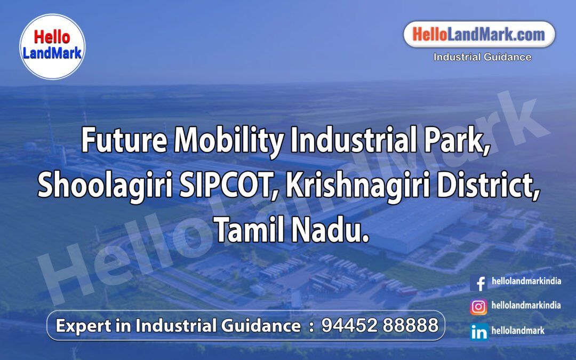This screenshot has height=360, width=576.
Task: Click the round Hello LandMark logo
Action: [x=52, y=46]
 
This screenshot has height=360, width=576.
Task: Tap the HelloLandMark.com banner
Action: [x=479, y=35]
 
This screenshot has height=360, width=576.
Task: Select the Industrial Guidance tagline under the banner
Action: [x=482, y=57]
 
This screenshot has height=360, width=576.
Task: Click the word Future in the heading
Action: [x=124, y=141]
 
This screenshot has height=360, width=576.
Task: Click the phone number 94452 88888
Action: [x=380, y=325]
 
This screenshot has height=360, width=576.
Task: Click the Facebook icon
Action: [x=479, y=283]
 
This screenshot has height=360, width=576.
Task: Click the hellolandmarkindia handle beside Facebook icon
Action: [x=526, y=281]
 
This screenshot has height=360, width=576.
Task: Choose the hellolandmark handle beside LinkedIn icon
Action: [x=518, y=331]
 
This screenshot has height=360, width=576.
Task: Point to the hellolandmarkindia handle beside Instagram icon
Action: [x=526, y=306]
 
